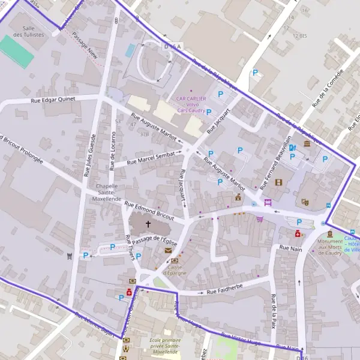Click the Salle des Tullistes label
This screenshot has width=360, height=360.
[34, 31]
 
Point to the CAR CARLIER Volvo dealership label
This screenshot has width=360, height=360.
[191, 104]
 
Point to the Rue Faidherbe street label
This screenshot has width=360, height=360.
[225, 292]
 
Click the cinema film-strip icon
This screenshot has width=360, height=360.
[278, 182]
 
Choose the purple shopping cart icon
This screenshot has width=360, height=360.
[259, 220]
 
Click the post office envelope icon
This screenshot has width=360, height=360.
[168, 250]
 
